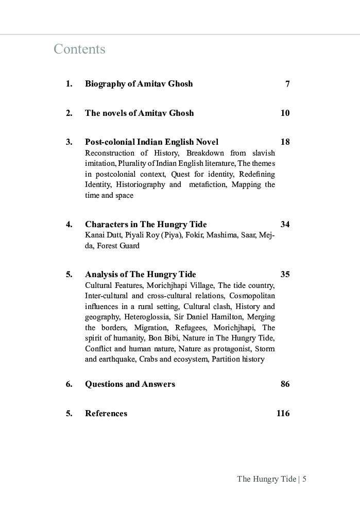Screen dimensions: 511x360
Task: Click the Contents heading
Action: click(79, 49)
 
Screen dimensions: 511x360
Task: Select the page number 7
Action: click(287, 84)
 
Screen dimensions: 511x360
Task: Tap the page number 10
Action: click(285, 113)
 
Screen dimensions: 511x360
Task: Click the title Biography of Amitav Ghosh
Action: click(139, 84)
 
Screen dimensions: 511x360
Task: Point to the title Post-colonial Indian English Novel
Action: click(151, 142)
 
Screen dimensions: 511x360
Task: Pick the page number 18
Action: click(285, 142)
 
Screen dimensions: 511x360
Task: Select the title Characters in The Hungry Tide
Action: click(146, 225)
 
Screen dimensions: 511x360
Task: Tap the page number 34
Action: click(285, 225)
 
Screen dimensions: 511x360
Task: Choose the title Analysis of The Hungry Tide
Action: click(140, 275)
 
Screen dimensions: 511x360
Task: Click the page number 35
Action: click(285, 275)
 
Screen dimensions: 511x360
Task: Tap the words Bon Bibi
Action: click(164, 338)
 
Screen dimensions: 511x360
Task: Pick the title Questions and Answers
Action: click(130, 384)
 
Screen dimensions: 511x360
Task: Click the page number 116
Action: click(283, 413)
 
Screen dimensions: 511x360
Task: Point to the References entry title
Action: click(106, 414)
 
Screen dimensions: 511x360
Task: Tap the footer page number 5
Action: click(304, 479)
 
